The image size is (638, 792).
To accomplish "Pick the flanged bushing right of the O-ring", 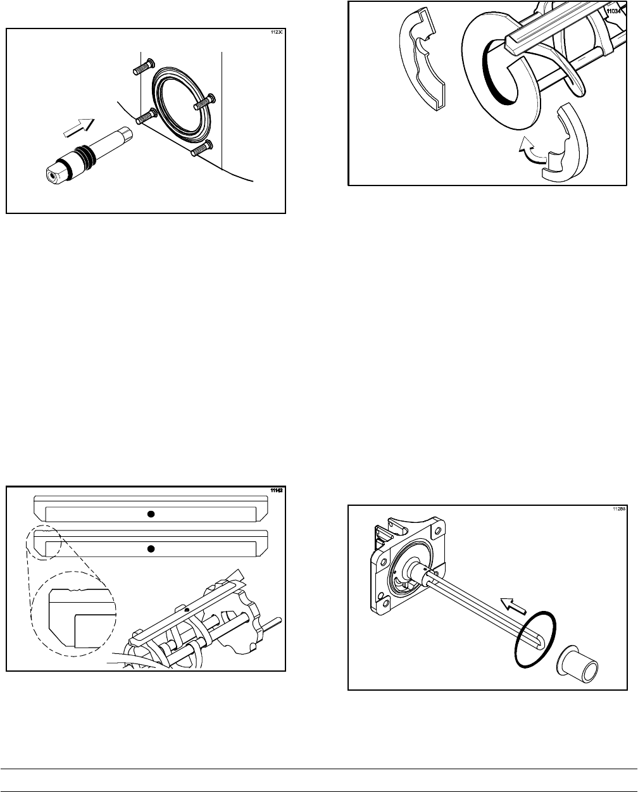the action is (x=579, y=662).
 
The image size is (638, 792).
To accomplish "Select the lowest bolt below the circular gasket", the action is (x=200, y=149).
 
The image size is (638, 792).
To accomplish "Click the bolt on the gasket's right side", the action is (x=206, y=99).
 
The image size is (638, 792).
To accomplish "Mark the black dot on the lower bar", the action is (x=151, y=548).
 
